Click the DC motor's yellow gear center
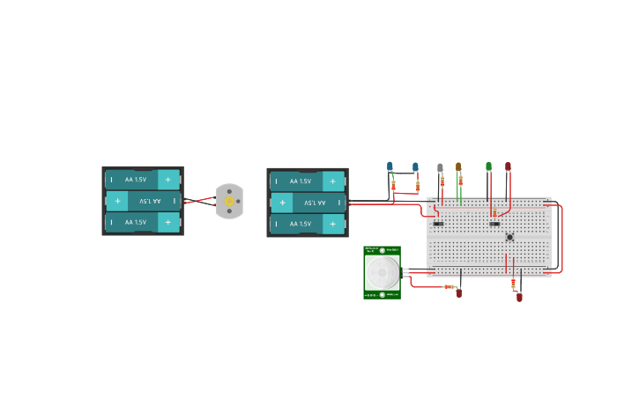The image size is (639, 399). click(229, 202)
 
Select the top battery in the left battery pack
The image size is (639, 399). click(142, 180)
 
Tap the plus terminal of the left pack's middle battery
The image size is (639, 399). click(117, 201)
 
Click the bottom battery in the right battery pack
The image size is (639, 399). click(307, 224)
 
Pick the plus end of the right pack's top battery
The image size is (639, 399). click(332, 181)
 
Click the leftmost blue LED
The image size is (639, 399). click(390, 166)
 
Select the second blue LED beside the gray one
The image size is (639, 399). click(415, 166)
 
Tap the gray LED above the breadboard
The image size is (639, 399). click(440, 167)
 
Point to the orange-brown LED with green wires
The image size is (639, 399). click(458, 166)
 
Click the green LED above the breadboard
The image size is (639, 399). click(488, 166)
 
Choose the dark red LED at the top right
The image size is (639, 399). click(508, 166)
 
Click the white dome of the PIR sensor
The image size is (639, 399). click(382, 272)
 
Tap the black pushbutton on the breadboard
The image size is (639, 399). click(509, 237)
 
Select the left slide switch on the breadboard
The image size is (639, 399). click(438, 224)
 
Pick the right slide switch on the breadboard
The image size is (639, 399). click(494, 224)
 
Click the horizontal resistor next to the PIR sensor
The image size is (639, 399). click(449, 286)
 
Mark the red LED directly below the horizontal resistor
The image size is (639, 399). click(458, 293)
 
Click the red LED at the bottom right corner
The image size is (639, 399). click(519, 297)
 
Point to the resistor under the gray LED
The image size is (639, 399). click(442, 182)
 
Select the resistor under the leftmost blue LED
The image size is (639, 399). click(393, 185)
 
